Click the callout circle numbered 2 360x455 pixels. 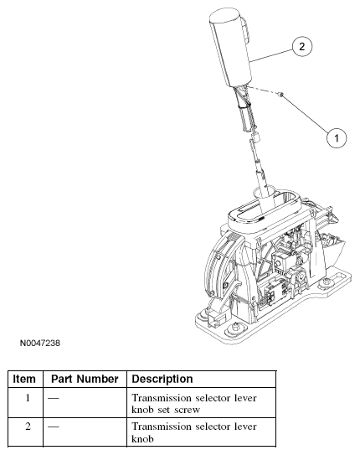point(302,47)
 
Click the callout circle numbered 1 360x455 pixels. point(337,137)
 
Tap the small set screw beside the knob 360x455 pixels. point(280,94)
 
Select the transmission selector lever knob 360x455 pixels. point(231,48)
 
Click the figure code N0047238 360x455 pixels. point(40,343)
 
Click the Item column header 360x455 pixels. point(24,379)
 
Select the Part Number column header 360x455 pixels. point(85,379)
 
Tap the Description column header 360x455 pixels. point(162,379)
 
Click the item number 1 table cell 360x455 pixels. point(28,397)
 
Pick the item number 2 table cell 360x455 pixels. point(28,427)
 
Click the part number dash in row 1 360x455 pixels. point(54,398)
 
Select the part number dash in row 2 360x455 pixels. point(54,427)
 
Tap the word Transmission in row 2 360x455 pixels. point(161,427)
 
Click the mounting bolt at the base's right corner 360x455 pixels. point(327,282)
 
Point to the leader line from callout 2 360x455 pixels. point(272,55)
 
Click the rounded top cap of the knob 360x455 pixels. point(224,15)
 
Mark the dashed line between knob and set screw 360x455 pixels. point(263,90)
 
